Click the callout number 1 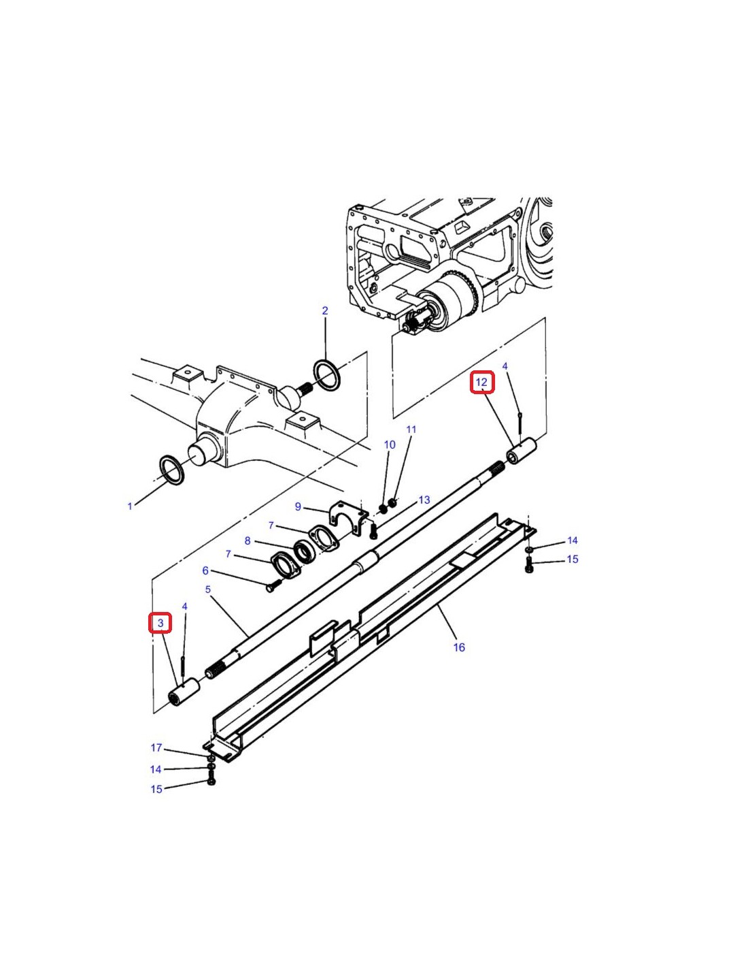pos(130,506)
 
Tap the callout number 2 pos(325,310)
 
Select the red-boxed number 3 pos(160,623)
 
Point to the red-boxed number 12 pos(482,382)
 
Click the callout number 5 pos(208,590)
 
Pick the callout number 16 pos(459,647)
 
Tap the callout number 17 pos(156,747)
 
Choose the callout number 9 pos(298,506)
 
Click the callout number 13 pos(424,500)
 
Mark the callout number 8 pos(248,541)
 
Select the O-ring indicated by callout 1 pos(171,470)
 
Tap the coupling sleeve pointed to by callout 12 pos(522,451)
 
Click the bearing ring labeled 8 pos(305,552)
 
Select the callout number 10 pos(390,445)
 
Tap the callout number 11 pos(411,430)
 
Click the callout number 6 pos(205,570)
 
